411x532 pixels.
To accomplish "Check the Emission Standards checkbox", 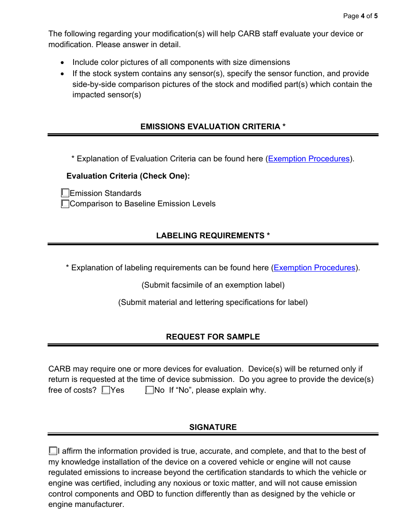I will [65, 193].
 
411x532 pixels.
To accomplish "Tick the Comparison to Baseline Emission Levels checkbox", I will [65, 203].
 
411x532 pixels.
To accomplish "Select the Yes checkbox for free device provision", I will [106, 390].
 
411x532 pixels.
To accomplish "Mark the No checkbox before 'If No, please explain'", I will [150, 390].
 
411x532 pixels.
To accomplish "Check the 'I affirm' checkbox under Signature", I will [53, 451].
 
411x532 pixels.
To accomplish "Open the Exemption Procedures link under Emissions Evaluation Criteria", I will [308, 159].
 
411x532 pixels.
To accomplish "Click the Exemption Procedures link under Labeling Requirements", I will [315, 268].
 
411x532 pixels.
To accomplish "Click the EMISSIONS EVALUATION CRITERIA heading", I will [213, 127].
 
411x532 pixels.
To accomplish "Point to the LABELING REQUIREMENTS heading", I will [213, 236].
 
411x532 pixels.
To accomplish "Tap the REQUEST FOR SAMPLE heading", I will [213, 337].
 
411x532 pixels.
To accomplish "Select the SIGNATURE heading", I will [213, 427].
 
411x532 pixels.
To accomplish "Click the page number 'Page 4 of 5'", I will [360, 16].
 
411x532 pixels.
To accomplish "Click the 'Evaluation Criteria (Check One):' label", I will [128, 176].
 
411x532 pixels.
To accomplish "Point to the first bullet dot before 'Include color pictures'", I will [64, 63].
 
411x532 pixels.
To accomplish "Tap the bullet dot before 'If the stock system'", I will [64, 74].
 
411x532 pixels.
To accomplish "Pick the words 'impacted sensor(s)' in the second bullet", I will [106, 95].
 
